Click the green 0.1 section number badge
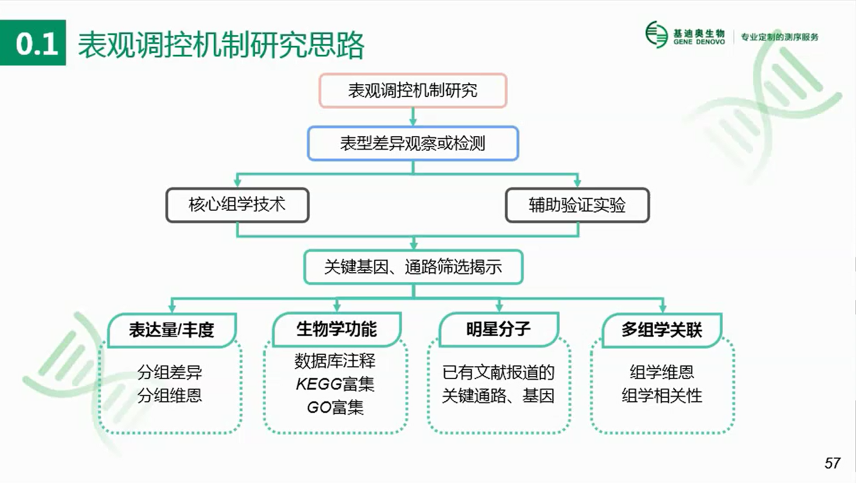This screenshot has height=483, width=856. click(33, 43)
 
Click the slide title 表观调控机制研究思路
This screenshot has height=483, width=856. click(221, 45)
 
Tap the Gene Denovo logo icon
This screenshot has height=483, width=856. click(657, 34)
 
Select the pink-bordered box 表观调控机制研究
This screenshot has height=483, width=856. click(413, 91)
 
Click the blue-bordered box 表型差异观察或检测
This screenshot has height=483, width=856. click(413, 143)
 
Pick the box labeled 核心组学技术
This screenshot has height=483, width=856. click(237, 205)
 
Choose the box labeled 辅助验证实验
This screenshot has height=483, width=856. click(577, 205)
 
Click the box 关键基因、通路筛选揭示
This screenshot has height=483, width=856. click(413, 267)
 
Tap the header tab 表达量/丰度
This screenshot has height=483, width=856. click(172, 330)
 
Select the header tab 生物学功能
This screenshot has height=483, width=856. click(337, 329)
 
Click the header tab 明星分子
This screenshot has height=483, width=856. click(498, 329)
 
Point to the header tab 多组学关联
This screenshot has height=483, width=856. click(662, 330)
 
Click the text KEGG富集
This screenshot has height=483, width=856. click(335, 384)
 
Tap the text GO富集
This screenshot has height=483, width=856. click(335, 407)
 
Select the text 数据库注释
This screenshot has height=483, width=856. click(335, 361)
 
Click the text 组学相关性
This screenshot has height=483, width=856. click(662, 395)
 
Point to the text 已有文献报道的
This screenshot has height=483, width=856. click(498, 372)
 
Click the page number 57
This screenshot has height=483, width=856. click(832, 463)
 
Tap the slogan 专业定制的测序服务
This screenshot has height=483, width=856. click(780, 37)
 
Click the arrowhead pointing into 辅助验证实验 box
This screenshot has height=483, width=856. click(577, 182)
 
